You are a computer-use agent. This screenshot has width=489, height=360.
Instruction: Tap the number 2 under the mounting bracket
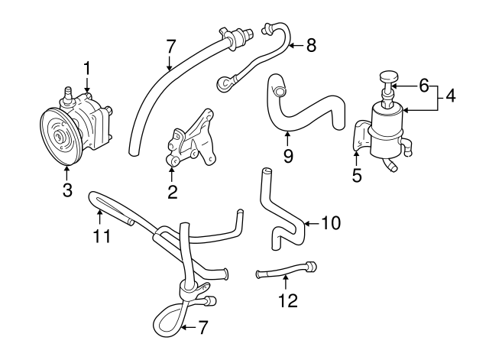173,192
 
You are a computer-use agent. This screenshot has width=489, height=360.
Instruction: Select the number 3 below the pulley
67,190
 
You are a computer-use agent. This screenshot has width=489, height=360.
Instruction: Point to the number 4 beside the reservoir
451,96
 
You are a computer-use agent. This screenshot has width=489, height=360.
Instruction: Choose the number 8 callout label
311,45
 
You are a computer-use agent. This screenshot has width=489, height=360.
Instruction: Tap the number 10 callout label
330,223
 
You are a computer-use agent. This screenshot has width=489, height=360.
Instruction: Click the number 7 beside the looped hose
202,328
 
